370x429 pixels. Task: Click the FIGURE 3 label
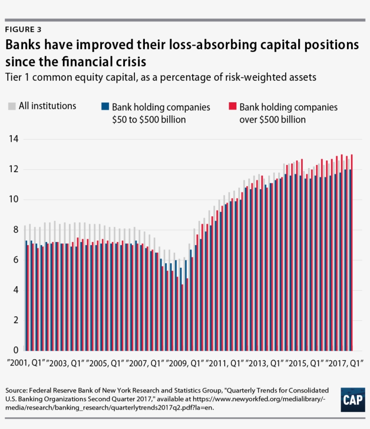(23, 30)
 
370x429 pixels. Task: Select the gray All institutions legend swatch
(12, 106)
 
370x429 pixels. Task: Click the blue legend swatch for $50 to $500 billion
(105, 107)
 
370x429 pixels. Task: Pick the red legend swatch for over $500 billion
(232, 107)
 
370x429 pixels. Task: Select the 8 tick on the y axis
(14, 230)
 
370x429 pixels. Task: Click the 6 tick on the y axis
(14, 260)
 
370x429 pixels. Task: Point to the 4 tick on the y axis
(14, 290)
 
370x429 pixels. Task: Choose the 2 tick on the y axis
(14, 320)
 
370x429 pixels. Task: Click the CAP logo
(352, 399)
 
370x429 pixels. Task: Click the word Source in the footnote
(18, 390)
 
